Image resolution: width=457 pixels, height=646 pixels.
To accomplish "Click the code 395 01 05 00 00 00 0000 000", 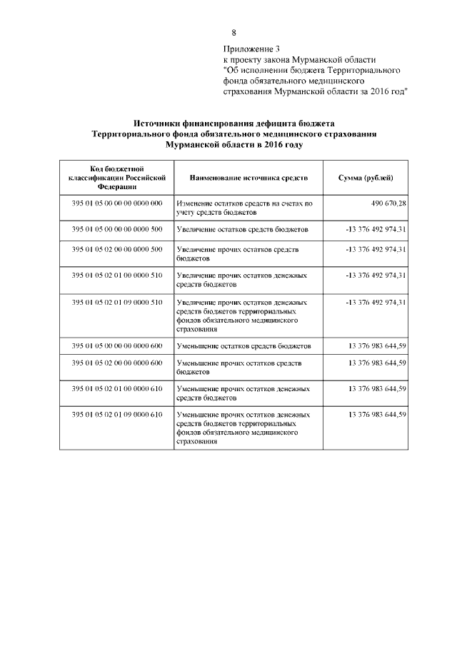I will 117,203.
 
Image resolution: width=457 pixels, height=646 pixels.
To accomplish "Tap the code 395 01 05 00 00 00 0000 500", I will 117,229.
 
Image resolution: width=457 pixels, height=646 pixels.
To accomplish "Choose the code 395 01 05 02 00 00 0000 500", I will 117,249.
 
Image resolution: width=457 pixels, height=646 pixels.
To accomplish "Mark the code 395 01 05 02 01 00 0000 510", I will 117,275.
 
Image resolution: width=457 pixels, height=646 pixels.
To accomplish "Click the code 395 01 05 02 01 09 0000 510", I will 117,302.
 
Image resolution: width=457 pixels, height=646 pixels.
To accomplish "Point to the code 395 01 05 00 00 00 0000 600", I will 117,345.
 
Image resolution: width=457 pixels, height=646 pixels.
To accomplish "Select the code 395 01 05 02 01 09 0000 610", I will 117,415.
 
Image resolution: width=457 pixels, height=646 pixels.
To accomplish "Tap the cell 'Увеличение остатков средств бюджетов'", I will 242,229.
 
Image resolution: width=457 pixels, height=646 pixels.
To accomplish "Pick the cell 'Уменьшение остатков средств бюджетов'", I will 243,345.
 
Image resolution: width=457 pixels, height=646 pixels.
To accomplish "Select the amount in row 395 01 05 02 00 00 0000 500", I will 376,249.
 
